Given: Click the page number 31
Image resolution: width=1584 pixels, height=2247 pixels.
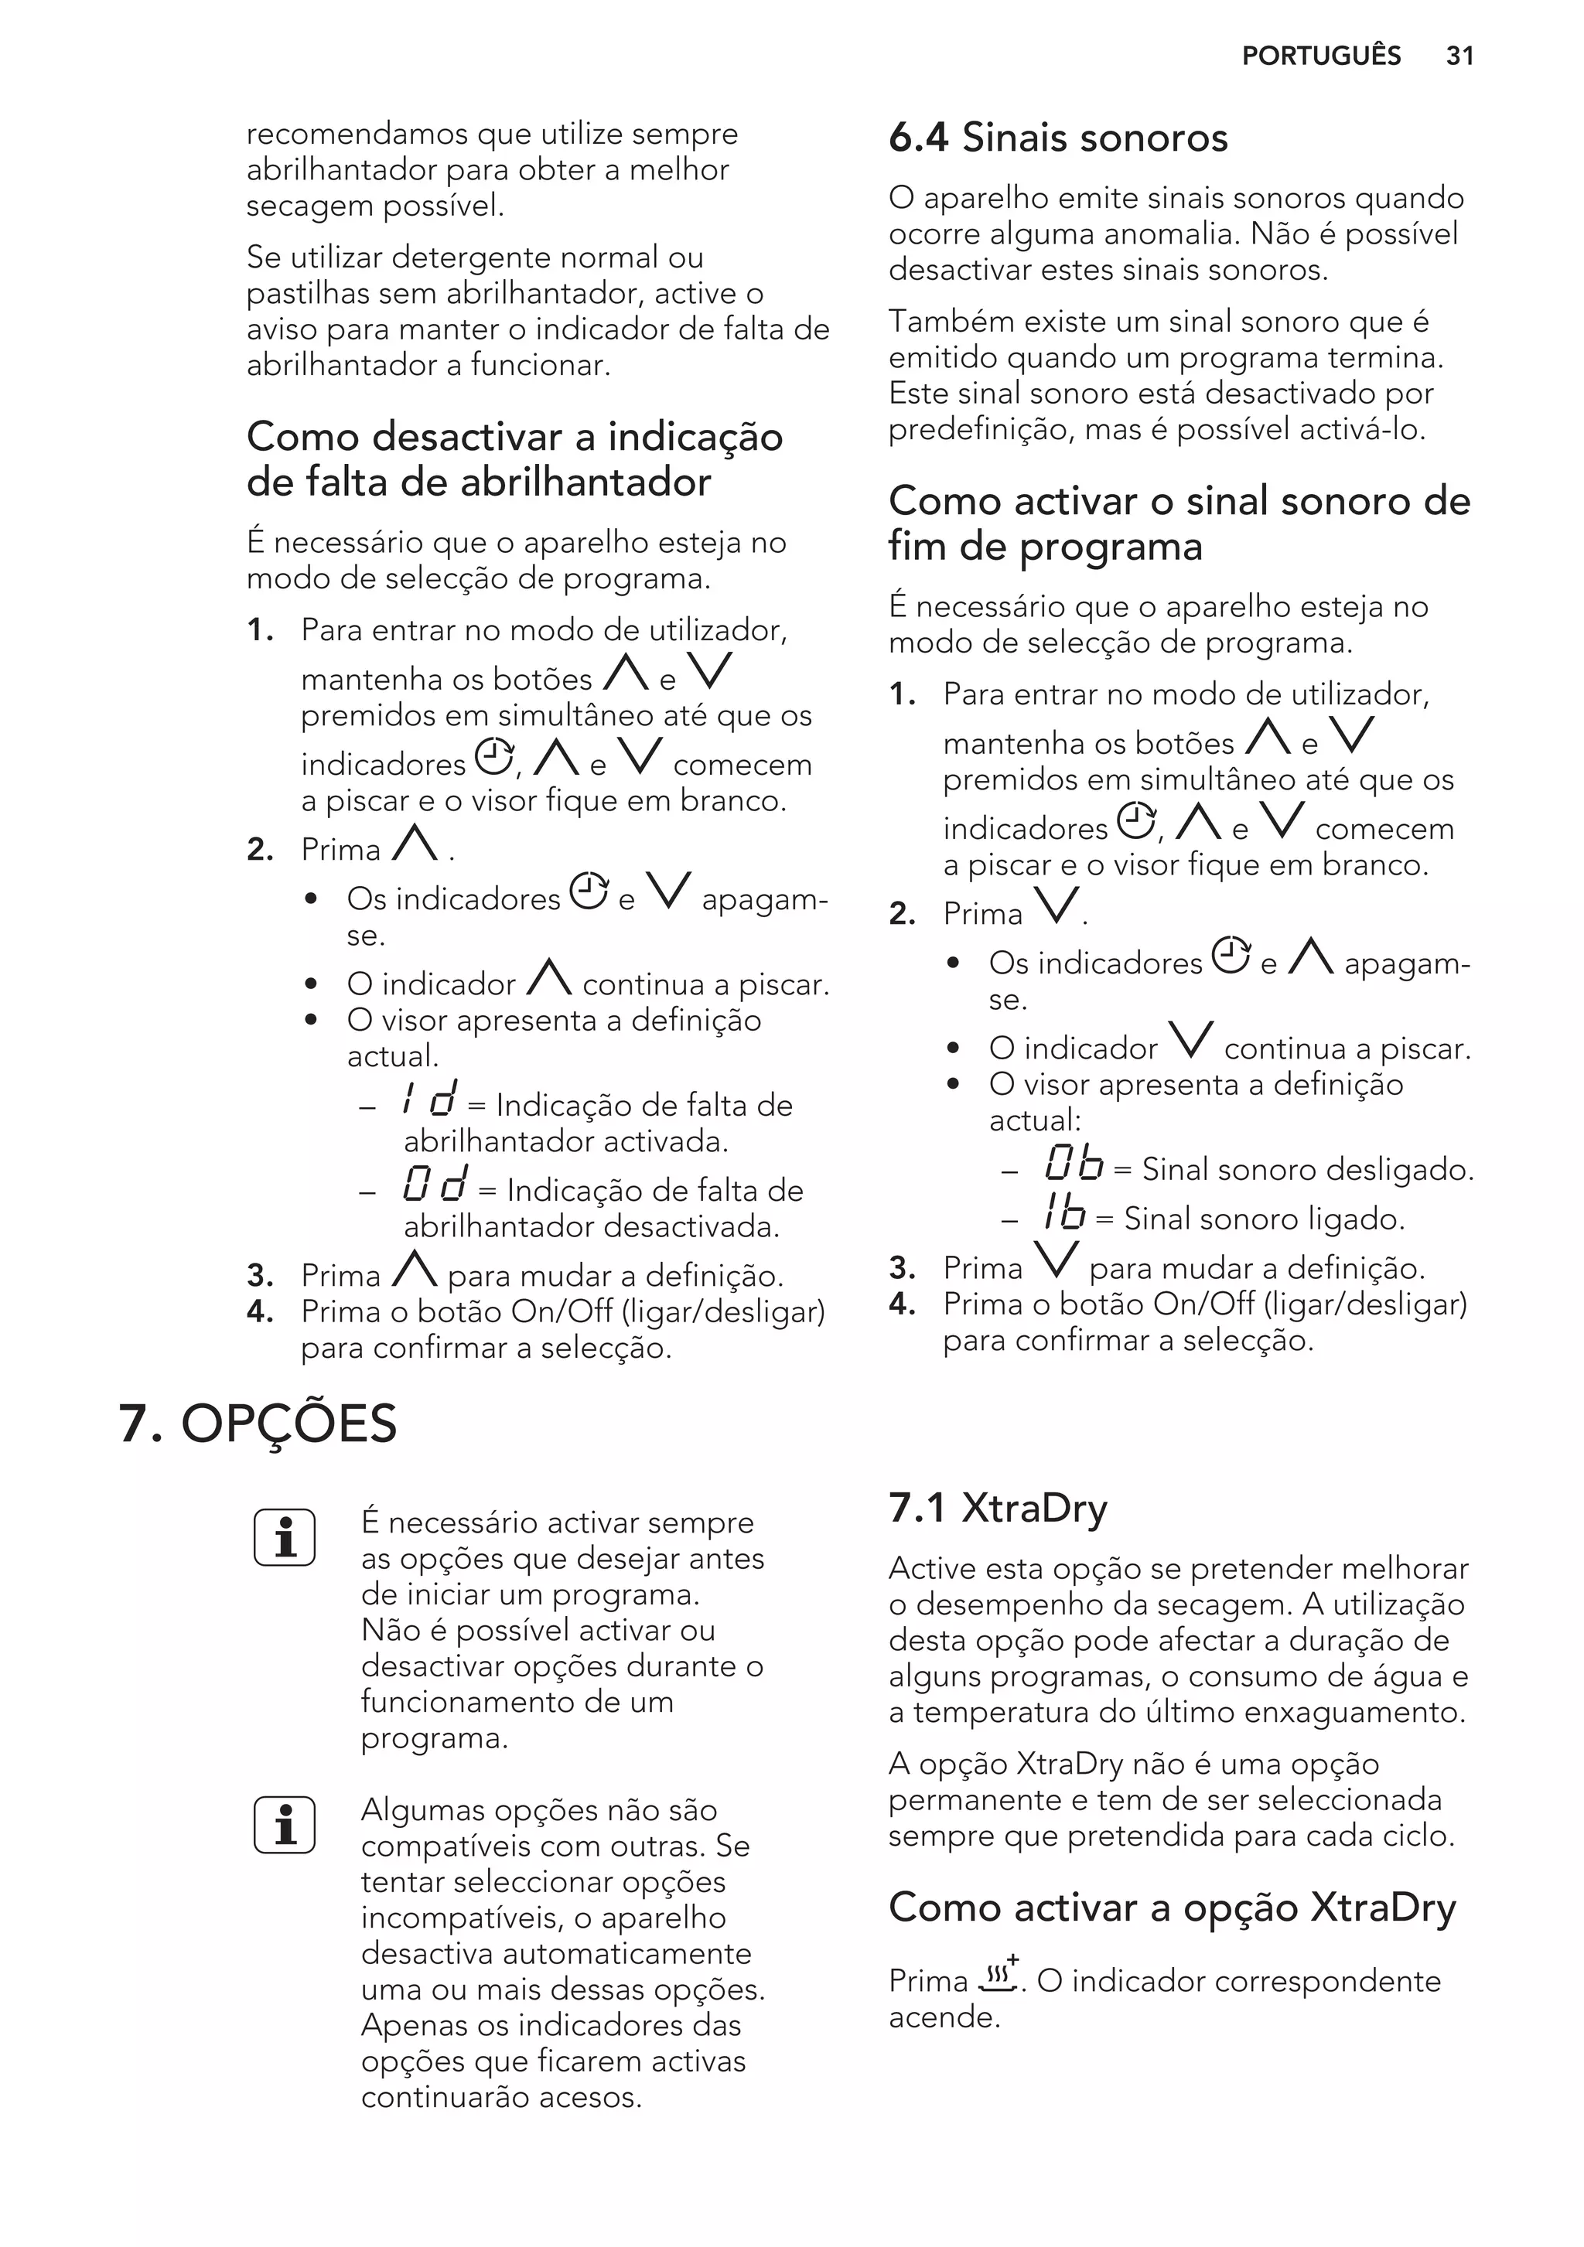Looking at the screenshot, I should [1459, 56].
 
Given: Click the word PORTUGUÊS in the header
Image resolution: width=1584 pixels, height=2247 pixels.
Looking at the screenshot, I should [1321, 56].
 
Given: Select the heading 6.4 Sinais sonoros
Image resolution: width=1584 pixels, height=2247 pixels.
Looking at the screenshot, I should [1057, 138].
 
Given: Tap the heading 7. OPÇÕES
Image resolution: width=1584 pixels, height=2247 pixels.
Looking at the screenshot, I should [258, 1424].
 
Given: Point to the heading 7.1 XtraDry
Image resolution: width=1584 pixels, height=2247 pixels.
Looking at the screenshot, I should [997, 1508].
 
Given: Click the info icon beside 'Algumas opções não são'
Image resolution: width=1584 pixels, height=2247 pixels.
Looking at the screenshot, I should [284, 1824].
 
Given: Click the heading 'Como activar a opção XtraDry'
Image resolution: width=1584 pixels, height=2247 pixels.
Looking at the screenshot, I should [1172, 1908].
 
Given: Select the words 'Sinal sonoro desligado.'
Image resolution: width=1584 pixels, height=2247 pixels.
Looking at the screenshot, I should [1308, 1169].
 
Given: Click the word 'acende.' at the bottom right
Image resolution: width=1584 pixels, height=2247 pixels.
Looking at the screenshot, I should [944, 2017].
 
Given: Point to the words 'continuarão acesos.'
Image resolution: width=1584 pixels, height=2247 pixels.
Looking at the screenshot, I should [501, 2097].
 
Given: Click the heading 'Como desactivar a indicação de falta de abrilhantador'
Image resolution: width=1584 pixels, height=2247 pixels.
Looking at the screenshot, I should [514, 459].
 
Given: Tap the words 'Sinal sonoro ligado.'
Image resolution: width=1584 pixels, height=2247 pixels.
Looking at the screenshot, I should [1264, 1219].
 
